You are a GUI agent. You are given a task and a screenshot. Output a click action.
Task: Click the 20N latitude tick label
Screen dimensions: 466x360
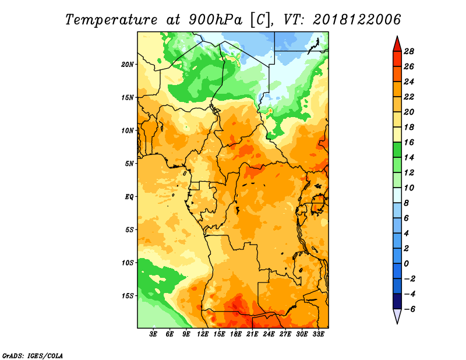tap(128, 65)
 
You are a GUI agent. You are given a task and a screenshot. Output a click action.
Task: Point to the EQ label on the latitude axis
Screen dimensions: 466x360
tap(129, 197)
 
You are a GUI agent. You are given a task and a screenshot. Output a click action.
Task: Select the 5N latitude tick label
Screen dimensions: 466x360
tap(129, 164)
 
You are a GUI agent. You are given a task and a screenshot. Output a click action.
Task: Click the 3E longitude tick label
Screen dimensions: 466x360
tap(153, 334)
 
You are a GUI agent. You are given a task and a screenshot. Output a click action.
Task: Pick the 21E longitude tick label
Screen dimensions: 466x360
tap(252, 334)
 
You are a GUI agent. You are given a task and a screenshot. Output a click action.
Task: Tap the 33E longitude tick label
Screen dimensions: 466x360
tap(318, 334)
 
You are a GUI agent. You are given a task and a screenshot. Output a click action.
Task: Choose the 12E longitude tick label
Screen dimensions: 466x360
tap(203, 334)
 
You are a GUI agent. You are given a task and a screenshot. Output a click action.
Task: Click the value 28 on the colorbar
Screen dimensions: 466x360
tap(409, 51)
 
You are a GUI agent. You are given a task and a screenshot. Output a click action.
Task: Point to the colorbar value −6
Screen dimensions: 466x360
tap(409, 309)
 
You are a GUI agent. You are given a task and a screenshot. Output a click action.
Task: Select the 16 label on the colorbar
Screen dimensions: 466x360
tap(409, 142)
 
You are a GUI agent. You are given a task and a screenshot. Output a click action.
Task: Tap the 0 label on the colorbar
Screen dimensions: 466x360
tap(406, 264)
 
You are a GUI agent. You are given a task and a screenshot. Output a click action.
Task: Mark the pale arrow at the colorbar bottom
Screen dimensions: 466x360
tap(397, 316)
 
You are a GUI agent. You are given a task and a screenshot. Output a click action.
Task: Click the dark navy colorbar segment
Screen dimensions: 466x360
tap(397, 301)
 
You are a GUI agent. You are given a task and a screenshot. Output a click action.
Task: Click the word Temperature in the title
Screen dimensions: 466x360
tap(111, 20)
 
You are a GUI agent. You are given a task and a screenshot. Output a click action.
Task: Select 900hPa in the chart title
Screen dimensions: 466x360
tap(216, 20)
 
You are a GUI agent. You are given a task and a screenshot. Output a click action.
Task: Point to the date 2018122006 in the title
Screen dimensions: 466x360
tap(357, 20)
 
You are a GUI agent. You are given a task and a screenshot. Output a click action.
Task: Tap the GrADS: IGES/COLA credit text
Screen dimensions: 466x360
tap(33, 356)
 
